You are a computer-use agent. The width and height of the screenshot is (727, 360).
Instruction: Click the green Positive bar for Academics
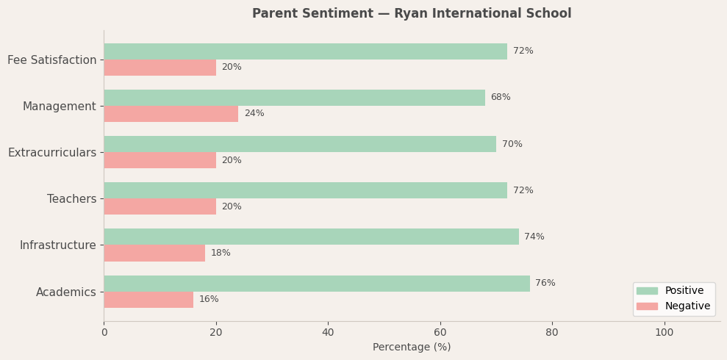[x=316, y=284]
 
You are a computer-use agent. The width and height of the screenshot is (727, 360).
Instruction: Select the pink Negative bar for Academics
[x=148, y=300]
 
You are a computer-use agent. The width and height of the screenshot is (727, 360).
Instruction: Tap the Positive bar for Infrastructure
[x=311, y=237]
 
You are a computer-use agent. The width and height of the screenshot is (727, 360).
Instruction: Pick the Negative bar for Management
[x=171, y=114]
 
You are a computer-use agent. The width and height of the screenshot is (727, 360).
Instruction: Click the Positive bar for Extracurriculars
[x=300, y=144]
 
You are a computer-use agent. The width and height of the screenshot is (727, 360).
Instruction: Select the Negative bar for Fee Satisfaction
[x=160, y=68]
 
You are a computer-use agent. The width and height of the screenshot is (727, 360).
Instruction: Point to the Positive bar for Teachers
[x=305, y=190]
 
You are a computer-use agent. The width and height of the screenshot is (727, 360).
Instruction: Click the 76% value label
[x=545, y=284]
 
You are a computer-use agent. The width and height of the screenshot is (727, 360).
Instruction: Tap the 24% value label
[x=254, y=114]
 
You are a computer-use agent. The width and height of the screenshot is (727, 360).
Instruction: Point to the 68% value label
[x=500, y=98]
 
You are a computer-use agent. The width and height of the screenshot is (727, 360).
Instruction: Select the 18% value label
[x=221, y=253]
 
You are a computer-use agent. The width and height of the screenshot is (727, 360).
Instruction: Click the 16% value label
[x=209, y=300]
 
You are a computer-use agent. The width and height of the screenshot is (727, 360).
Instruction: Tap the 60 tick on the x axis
[x=440, y=332]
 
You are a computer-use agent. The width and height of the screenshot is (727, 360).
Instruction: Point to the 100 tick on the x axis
[x=665, y=332]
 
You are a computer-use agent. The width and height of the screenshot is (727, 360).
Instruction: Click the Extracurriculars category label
[x=52, y=153]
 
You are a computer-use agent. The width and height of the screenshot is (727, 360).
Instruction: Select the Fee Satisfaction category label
[x=52, y=60]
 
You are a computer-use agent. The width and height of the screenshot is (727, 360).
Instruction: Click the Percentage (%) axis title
[x=412, y=348]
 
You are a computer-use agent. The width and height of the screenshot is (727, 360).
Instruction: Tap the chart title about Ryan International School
[x=412, y=14]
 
